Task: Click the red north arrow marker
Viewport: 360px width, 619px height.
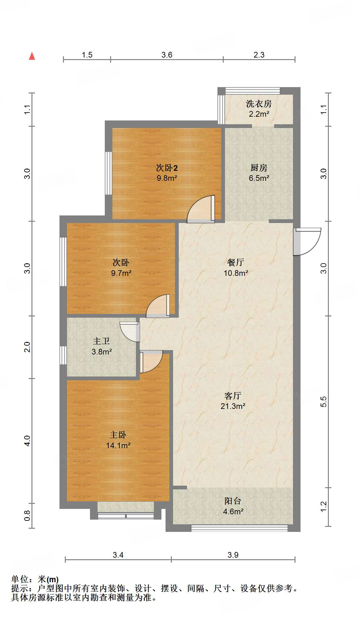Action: point(32,56)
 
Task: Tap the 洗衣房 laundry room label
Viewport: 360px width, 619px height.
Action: point(259,103)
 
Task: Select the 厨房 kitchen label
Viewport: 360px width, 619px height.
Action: point(259,168)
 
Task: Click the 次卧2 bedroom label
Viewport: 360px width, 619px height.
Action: point(167,168)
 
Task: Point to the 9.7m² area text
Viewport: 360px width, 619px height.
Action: point(121,273)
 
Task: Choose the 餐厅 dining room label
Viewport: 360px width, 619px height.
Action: point(235,262)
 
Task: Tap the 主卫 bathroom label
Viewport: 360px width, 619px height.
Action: point(101,341)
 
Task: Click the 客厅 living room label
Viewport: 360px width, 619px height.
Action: point(233,396)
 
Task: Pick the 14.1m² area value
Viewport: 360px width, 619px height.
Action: point(118,445)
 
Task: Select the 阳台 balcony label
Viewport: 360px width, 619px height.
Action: point(233,501)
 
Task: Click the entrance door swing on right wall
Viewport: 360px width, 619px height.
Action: point(307,241)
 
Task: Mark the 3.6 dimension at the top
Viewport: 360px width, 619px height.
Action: point(167,55)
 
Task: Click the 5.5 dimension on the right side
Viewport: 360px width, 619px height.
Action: point(323,402)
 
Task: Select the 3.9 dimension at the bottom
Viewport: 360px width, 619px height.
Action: point(233,555)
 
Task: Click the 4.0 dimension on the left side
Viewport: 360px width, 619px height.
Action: point(27,441)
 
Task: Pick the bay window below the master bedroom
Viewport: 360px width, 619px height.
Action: point(126,511)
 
